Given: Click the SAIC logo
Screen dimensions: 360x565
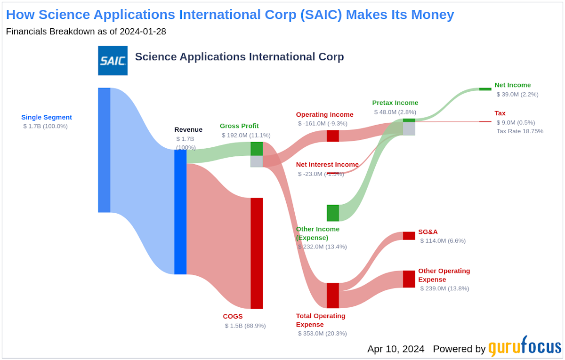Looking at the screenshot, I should pyautogui.click(x=113, y=61).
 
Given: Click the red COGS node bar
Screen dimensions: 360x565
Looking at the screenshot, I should pyautogui.click(x=257, y=253).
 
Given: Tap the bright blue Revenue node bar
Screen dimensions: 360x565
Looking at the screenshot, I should pyautogui.click(x=180, y=212).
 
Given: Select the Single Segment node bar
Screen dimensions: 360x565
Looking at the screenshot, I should pyautogui.click(x=104, y=150).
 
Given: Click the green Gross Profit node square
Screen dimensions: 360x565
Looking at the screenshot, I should pyautogui.click(x=257, y=149).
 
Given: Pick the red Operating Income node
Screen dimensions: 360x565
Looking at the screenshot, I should pyautogui.click(x=333, y=136).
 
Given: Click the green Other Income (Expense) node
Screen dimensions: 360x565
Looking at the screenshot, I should pyautogui.click(x=333, y=213).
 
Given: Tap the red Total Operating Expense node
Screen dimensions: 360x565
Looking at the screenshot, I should pyautogui.click(x=333, y=296).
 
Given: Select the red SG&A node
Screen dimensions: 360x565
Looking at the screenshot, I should pyautogui.click(x=409, y=236).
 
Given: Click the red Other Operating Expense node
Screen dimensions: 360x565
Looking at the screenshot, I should pyautogui.click(x=409, y=279).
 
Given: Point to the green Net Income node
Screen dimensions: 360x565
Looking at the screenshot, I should pyautogui.click(x=485, y=89).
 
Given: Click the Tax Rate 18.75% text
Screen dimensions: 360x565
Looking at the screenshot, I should pyautogui.click(x=519, y=131).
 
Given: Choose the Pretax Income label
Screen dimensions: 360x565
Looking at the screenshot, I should pyautogui.click(x=395, y=103).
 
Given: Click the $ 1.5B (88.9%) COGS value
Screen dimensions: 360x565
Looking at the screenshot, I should pyautogui.click(x=245, y=326).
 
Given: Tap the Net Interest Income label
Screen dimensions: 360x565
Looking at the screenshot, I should pyautogui.click(x=327, y=165).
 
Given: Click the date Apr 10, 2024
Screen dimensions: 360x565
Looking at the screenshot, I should pyautogui.click(x=396, y=349).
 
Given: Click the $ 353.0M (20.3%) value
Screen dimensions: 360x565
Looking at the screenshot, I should pyautogui.click(x=322, y=333).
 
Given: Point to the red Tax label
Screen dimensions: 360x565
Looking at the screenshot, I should pyautogui.click(x=500, y=113).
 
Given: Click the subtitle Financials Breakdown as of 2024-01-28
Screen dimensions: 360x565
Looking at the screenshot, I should pyautogui.click(x=86, y=32).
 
